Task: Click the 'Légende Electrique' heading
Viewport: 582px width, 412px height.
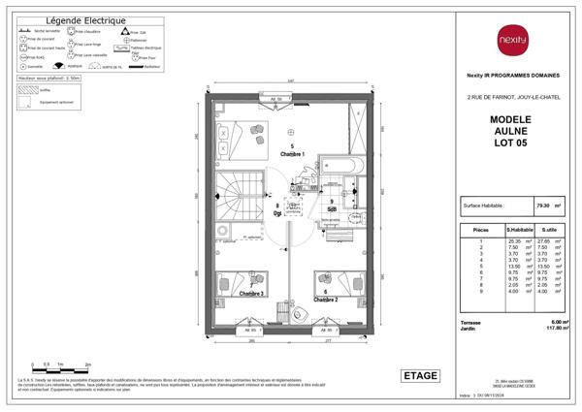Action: [85, 19]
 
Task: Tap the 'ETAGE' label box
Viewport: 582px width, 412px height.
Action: [420, 376]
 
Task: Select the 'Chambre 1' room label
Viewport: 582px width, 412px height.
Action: [292, 154]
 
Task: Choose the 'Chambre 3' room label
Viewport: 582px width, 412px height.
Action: [251, 293]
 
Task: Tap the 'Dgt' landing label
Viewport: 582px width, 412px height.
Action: [277, 212]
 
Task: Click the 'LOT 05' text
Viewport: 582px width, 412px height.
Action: [510, 143]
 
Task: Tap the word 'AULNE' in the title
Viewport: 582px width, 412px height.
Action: [510, 130]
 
